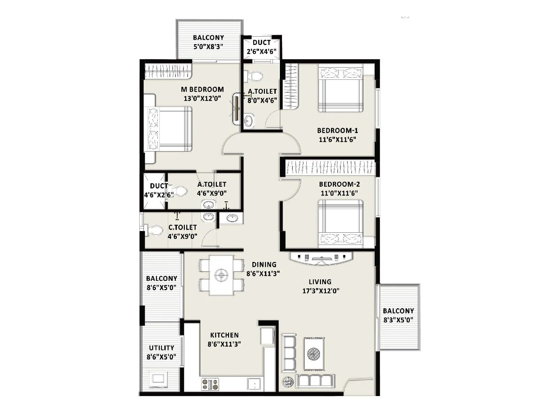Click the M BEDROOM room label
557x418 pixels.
[202, 90]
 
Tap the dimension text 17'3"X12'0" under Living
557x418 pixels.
[321, 291]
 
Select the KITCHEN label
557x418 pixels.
[225, 335]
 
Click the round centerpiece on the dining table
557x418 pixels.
[221, 276]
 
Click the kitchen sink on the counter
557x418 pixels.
[254, 384]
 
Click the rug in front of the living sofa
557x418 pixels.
[314, 354]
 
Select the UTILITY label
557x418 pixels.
[162, 348]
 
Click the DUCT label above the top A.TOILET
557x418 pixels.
[262, 42]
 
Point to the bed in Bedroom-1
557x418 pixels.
[340, 90]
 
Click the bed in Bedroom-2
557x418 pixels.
[340, 224]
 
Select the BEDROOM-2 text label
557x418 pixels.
[339, 184]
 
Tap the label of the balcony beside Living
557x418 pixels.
[398, 311]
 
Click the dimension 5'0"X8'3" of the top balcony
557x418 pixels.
[208, 47]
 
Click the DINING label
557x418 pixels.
[264, 265]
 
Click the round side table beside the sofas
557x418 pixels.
[288, 382]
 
